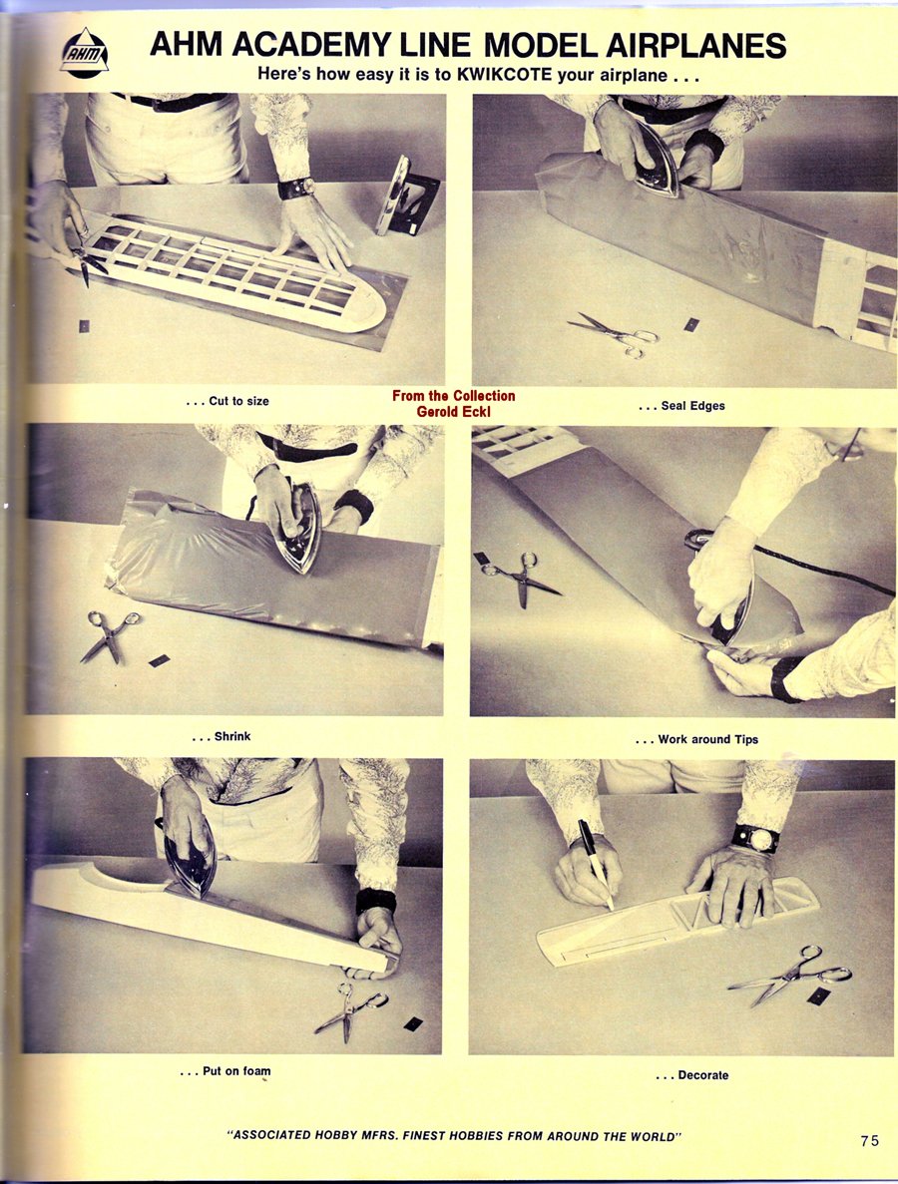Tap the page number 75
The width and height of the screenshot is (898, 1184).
(870, 1140)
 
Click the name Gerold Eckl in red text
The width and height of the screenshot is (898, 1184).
(453, 412)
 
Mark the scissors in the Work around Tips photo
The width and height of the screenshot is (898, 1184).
(521, 577)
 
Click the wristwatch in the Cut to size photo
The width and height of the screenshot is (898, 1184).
(296, 187)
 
